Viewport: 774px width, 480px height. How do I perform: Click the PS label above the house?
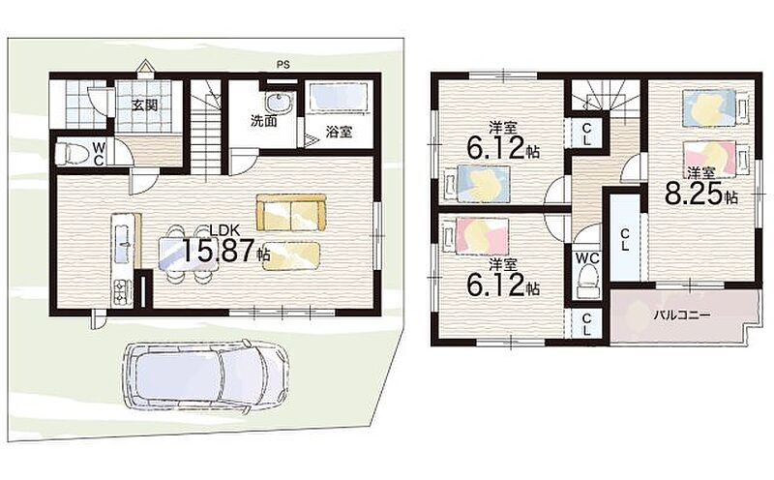[283, 64]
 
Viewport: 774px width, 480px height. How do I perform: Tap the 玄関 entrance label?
[145, 105]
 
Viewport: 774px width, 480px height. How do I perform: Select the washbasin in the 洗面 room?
[280, 104]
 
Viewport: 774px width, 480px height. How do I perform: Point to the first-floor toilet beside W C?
[72, 153]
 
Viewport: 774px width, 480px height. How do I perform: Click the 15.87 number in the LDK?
[219, 251]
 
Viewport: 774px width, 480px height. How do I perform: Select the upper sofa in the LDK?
[291, 212]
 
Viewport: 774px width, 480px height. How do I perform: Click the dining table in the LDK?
[188, 255]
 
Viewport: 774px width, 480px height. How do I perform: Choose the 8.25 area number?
[694, 194]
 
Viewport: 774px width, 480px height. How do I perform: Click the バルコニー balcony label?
[682, 315]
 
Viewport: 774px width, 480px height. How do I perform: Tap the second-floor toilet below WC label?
[587, 282]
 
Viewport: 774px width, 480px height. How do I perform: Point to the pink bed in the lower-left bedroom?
[476, 236]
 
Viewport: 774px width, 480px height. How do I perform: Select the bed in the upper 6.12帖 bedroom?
[477, 183]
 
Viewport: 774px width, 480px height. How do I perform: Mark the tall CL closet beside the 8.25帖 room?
[624, 238]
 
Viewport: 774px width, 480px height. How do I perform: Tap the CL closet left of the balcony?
[586, 324]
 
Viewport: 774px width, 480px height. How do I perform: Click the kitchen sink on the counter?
[124, 243]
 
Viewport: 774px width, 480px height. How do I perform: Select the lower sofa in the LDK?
[292, 255]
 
